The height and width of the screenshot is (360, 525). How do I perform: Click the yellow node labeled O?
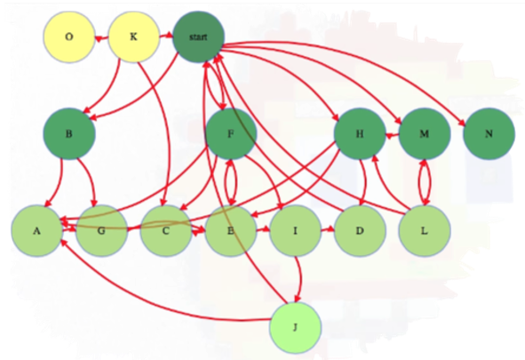coord(69,36)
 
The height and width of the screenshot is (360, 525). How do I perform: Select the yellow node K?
coord(133,36)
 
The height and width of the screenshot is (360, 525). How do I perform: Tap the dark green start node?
coord(198,36)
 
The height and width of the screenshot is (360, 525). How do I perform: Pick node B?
coord(69,133)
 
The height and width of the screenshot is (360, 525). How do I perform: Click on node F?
coord(231,133)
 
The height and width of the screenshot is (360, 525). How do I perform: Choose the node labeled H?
coord(360,133)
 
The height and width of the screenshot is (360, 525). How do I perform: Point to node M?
coord(425,133)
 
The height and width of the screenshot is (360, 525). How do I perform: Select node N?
coord(489,133)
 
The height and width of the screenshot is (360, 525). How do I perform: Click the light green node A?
coord(36,231)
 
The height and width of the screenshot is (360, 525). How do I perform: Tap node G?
coord(101,231)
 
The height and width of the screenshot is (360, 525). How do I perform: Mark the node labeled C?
coord(166,231)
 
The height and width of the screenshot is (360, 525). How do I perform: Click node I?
coord(295,231)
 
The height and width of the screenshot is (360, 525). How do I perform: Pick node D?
coord(360,231)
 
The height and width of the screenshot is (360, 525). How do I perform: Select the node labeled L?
coord(425,231)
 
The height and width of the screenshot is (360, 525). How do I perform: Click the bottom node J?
coord(295,327)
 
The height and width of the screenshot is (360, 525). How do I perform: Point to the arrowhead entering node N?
coord(461,124)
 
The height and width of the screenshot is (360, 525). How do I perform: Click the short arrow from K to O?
coord(101,38)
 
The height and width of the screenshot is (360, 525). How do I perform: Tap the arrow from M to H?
coord(392,135)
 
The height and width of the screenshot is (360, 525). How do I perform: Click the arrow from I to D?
coord(328,229)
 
